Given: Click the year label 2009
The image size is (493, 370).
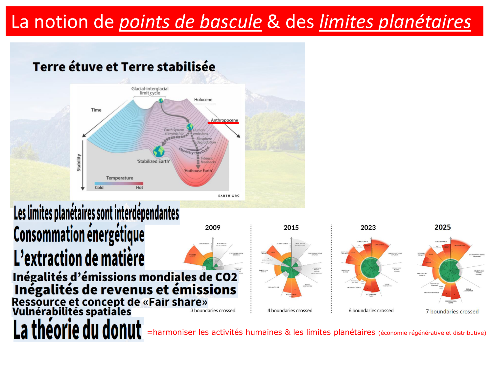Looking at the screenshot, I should (213, 228).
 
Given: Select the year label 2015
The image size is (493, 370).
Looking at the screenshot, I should (291, 228).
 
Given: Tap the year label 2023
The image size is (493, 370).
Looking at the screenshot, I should (368, 228).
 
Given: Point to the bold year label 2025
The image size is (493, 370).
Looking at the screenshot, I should (443, 227).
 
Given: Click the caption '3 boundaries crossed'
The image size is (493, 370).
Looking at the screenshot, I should (213, 310).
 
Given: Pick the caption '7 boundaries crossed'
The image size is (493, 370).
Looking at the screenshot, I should (452, 311).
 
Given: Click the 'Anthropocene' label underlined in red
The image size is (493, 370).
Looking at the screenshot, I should (224, 120).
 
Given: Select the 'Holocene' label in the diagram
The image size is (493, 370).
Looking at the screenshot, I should (203, 100).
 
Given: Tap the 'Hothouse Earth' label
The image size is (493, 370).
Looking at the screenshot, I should (198, 171).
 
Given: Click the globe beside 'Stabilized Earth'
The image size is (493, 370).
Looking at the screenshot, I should (158, 151).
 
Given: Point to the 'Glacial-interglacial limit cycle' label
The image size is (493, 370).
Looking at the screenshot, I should (150, 91).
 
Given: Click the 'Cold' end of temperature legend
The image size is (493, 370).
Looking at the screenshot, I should (99, 187).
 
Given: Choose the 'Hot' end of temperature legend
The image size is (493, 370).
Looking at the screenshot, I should (139, 187).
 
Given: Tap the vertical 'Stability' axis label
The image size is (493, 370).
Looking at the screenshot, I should (79, 162).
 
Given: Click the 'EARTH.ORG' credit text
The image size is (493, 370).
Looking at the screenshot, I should (229, 196).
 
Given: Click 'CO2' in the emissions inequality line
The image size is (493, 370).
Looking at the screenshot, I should (226, 277).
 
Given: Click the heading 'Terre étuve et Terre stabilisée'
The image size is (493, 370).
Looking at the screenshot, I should (124, 67).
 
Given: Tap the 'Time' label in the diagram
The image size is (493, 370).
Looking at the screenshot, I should (96, 110).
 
